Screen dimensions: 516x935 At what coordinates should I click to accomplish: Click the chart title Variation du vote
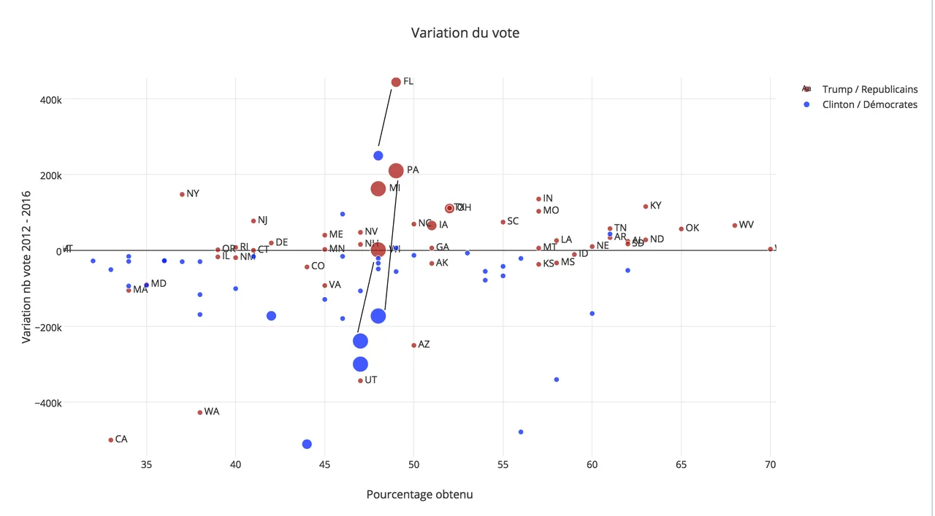[465, 33]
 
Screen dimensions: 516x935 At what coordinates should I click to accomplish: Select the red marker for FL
[396, 82]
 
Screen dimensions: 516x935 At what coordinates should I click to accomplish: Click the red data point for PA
[396, 171]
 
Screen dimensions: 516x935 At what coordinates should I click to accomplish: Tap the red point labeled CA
[110, 440]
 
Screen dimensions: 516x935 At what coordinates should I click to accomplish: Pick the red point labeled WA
[200, 412]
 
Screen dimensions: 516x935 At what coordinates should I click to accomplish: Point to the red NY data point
[182, 194]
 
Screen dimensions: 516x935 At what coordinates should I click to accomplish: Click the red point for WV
[735, 226]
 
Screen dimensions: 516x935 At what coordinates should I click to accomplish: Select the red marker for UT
[360, 381]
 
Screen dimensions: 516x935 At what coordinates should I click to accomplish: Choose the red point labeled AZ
[414, 345]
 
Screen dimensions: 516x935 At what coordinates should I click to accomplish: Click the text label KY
[655, 206]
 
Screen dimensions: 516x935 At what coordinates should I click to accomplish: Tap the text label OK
[692, 228]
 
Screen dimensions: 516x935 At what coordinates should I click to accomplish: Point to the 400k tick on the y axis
[50, 99]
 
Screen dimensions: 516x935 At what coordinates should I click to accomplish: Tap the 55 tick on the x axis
[503, 464]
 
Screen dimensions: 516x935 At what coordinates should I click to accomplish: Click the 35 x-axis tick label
[146, 464]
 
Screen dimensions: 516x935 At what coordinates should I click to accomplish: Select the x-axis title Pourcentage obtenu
[419, 494]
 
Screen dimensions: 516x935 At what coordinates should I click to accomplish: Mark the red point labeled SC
[503, 222]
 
